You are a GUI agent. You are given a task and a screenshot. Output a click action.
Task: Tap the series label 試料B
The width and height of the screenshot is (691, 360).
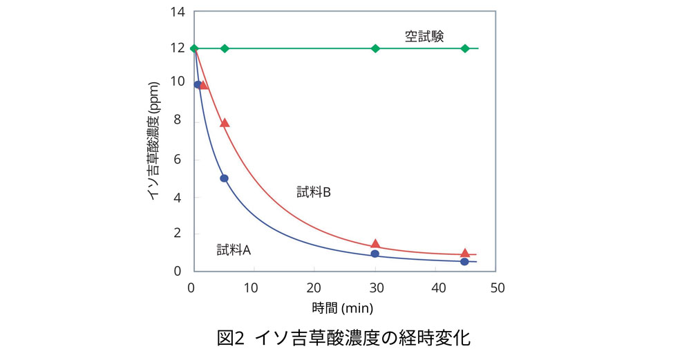click(314, 193)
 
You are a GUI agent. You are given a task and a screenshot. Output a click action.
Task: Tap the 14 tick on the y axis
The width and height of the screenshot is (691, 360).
click(178, 12)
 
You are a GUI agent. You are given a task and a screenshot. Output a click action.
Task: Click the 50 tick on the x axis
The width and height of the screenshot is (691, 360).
click(497, 287)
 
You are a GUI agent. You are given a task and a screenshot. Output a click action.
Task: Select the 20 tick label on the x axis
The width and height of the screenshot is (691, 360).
click(314, 287)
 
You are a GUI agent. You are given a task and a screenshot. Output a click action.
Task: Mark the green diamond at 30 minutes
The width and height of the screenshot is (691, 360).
click(375, 48)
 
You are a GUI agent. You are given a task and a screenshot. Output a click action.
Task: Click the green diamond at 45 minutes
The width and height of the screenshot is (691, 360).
click(465, 48)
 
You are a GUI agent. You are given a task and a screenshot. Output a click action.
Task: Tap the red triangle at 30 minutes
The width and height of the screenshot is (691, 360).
click(375, 243)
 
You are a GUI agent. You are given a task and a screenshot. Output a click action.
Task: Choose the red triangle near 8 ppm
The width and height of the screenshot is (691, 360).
click(225, 123)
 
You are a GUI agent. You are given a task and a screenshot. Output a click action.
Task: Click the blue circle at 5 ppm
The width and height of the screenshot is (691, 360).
click(224, 178)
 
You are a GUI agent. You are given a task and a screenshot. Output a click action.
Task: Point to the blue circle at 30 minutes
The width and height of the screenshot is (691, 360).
click(375, 254)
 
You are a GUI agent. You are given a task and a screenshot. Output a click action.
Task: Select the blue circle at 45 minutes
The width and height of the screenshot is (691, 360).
click(464, 261)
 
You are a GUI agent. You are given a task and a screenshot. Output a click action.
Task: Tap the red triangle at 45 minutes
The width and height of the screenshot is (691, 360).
click(465, 253)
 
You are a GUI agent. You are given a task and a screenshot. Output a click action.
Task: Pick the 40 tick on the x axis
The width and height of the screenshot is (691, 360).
click(436, 287)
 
